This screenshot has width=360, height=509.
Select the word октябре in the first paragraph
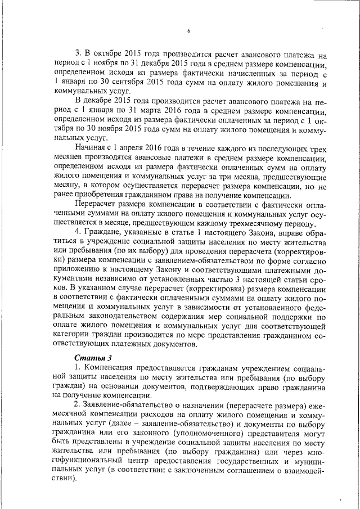pos(100,56)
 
